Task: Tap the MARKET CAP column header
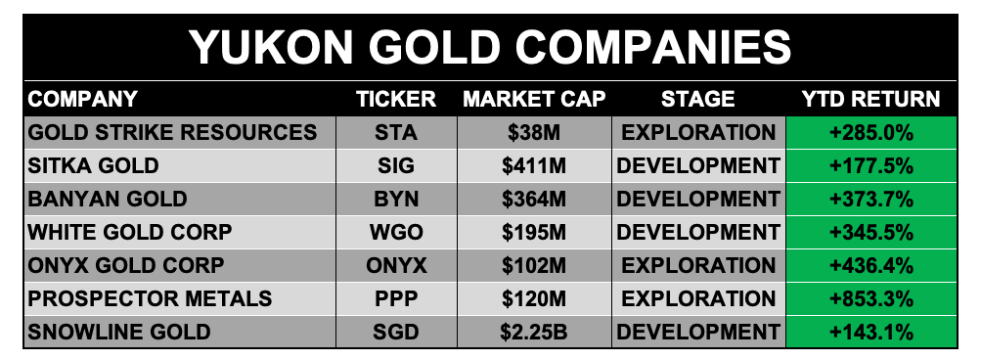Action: tap(534, 99)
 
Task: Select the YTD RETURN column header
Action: tap(870, 99)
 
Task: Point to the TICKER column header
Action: tap(396, 99)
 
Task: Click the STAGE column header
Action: tap(698, 99)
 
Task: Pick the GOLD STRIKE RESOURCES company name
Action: tap(172, 133)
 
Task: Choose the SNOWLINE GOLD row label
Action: tap(119, 332)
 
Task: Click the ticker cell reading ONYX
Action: tap(397, 265)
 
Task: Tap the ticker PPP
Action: tap(396, 298)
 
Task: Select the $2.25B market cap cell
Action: tap(534, 332)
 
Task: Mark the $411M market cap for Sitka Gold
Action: tap(534, 166)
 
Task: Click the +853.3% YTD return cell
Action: tap(870, 298)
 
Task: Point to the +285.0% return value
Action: tap(870, 133)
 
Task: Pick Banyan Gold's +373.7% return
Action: tap(870, 200)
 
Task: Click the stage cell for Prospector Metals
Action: tap(698, 298)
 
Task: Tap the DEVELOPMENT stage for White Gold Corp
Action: tap(698, 232)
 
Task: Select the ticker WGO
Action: tap(396, 232)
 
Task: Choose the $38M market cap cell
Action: tap(534, 133)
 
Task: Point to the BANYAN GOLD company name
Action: tap(108, 200)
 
